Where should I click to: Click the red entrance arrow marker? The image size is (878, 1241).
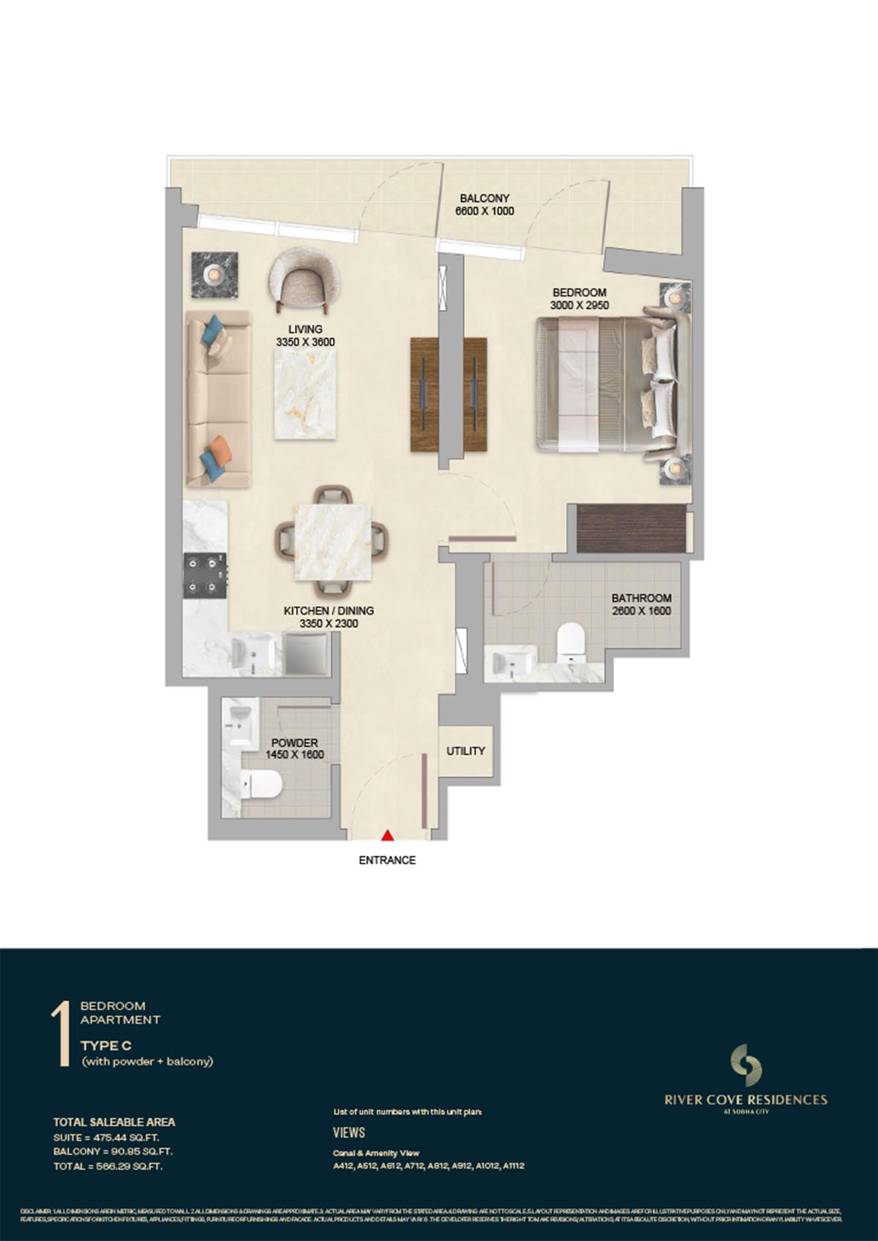point(389,834)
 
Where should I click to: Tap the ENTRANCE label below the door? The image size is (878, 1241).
point(387,861)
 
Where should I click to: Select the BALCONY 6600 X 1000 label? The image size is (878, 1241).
point(484,205)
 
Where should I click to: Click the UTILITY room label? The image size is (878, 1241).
point(465,751)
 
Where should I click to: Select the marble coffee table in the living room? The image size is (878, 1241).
point(306,394)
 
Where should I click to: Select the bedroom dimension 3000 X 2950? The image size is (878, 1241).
point(580,305)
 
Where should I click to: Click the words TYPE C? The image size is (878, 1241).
point(105,1046)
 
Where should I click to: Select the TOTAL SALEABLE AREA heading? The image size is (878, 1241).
point(114,1122)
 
